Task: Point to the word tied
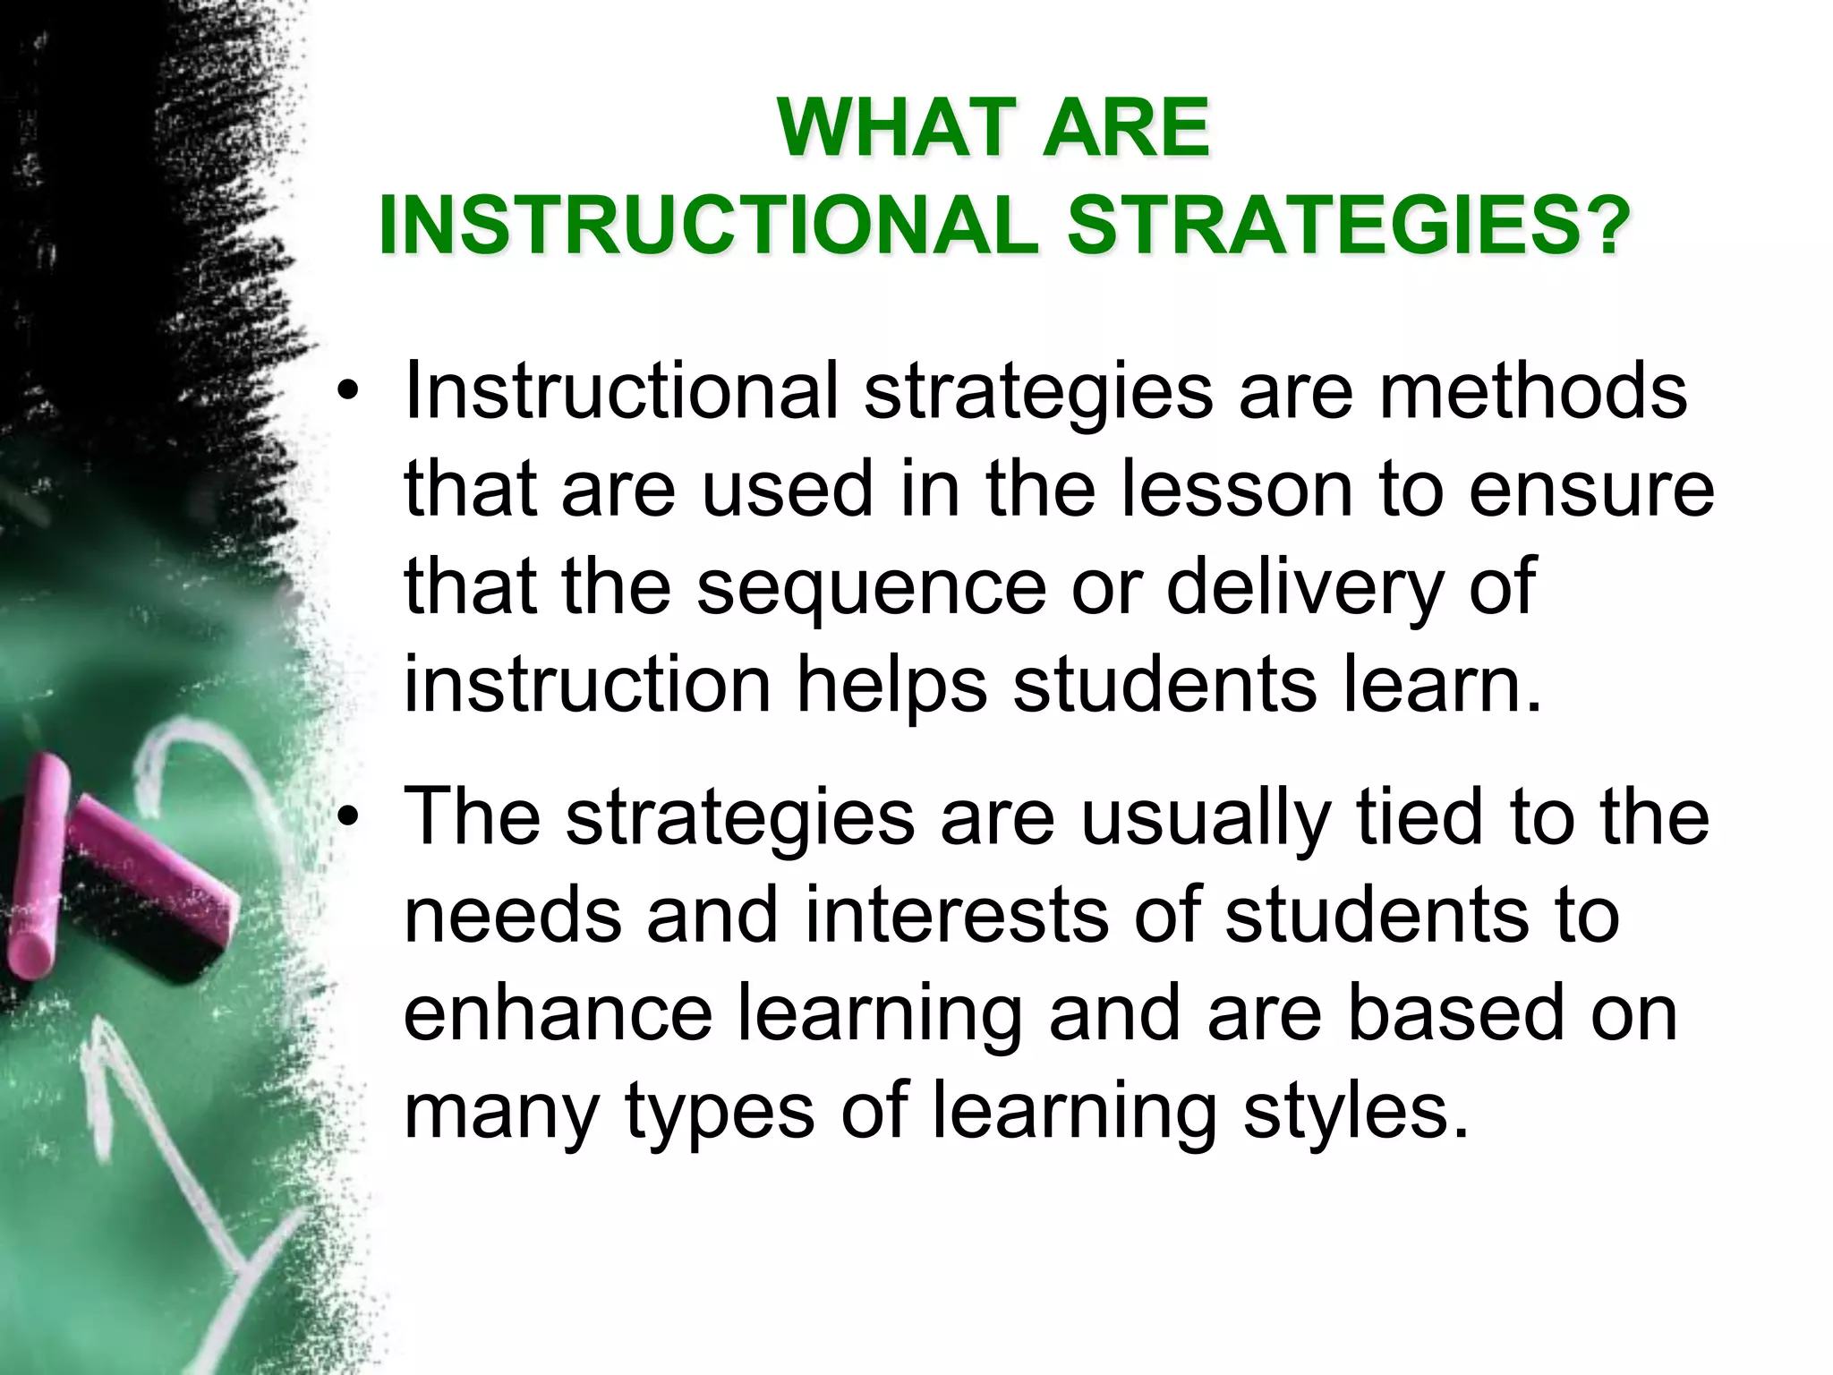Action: click(x=1420, y=818)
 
